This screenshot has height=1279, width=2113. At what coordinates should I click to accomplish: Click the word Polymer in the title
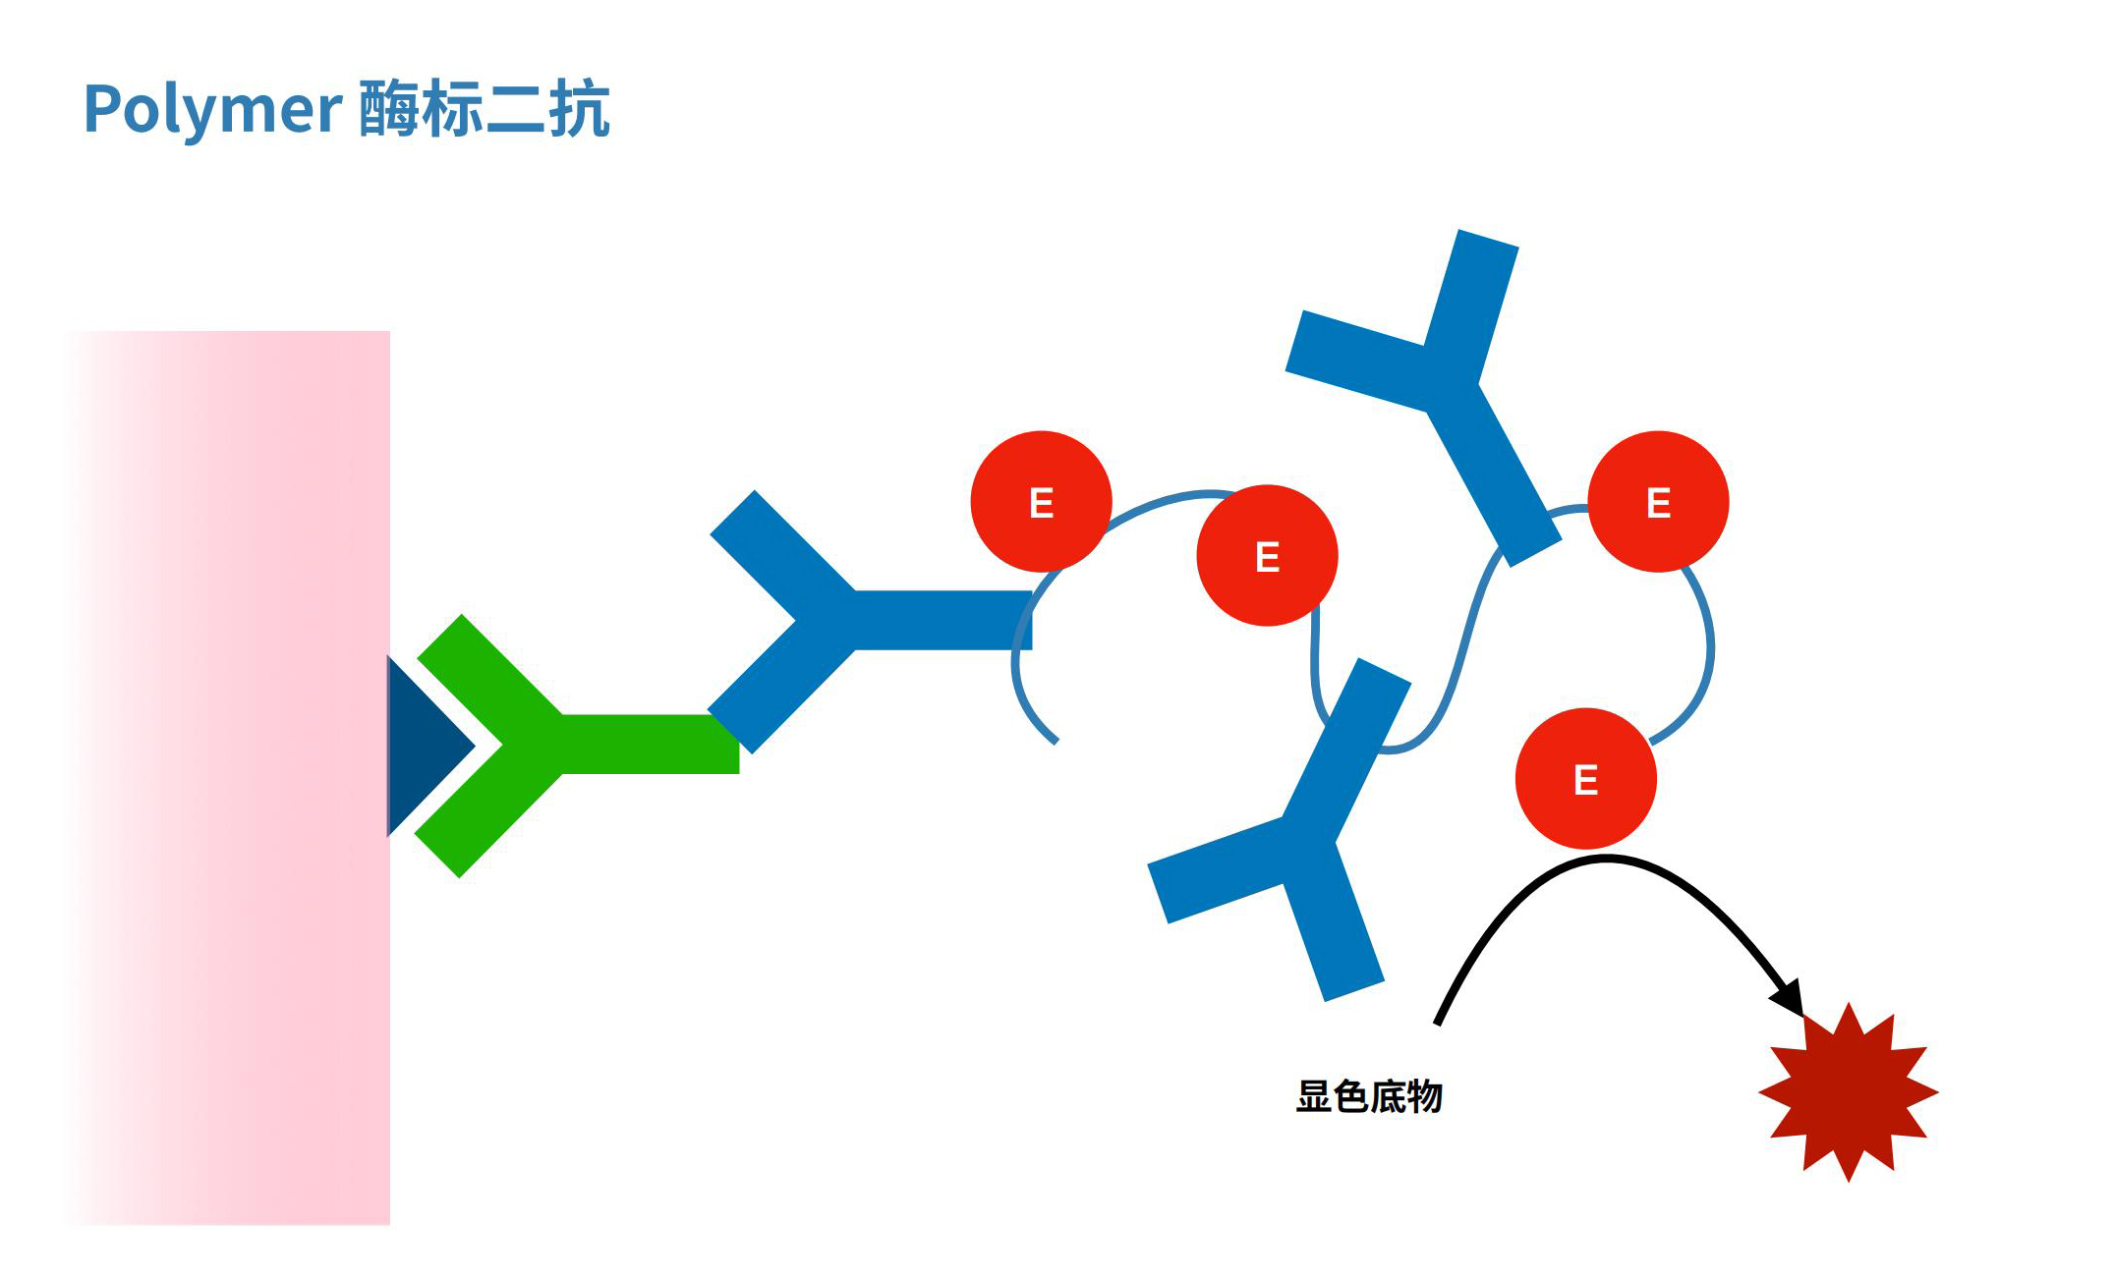(x=211, y=110)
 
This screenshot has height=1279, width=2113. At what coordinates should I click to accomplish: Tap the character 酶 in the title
(x=389, y=108)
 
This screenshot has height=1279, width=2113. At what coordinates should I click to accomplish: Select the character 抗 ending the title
(x=580, y=108)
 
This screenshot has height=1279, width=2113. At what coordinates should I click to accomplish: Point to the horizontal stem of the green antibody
(x=649, y=745)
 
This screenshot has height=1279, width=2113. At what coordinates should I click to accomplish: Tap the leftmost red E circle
(x=1041, y=502)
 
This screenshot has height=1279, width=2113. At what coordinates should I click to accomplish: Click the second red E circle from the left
(x=1267, y=556)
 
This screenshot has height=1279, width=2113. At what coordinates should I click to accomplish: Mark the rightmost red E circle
(x=1658, y=502)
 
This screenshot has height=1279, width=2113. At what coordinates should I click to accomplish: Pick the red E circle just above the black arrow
(x=1585, y=779)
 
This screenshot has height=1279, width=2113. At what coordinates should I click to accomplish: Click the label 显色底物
(x=1369, y=1096)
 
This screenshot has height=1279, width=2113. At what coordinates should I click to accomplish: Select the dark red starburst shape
(x=1848, y=1091)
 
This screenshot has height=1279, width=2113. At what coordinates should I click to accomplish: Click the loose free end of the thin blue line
(x=1054, y=740)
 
